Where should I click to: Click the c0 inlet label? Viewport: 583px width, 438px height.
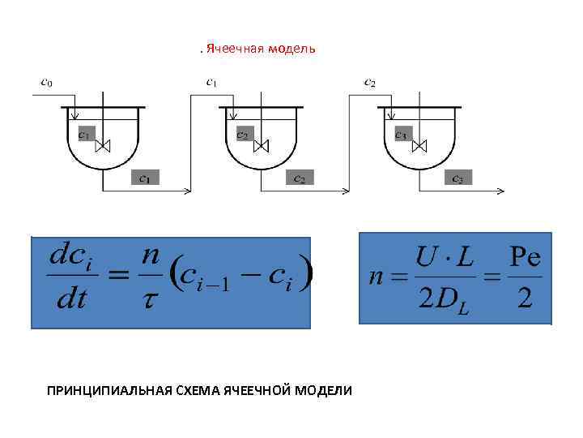tap(48, 81)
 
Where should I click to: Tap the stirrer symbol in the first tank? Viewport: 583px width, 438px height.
tap(103, 146)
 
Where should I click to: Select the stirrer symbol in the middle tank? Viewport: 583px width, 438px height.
tap(262, 146)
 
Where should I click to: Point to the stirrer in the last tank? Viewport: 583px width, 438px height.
tap(419, 146)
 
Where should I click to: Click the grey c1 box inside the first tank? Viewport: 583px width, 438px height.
tap(85, 135)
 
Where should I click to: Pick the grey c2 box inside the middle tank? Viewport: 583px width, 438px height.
tap(243, 135)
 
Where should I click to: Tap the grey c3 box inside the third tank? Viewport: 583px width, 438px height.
tap(402, 135)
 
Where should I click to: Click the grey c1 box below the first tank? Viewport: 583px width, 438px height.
tap(144, 178)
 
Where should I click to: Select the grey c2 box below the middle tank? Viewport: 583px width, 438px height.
tap(300, 178)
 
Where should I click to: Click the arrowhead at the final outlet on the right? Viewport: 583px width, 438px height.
tap(500, 191)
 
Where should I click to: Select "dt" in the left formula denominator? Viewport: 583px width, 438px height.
tap(70, 301)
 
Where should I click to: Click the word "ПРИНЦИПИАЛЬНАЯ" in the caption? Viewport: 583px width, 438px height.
tap(99, 390)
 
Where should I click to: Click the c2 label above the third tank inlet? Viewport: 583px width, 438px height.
tap(369, 81)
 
